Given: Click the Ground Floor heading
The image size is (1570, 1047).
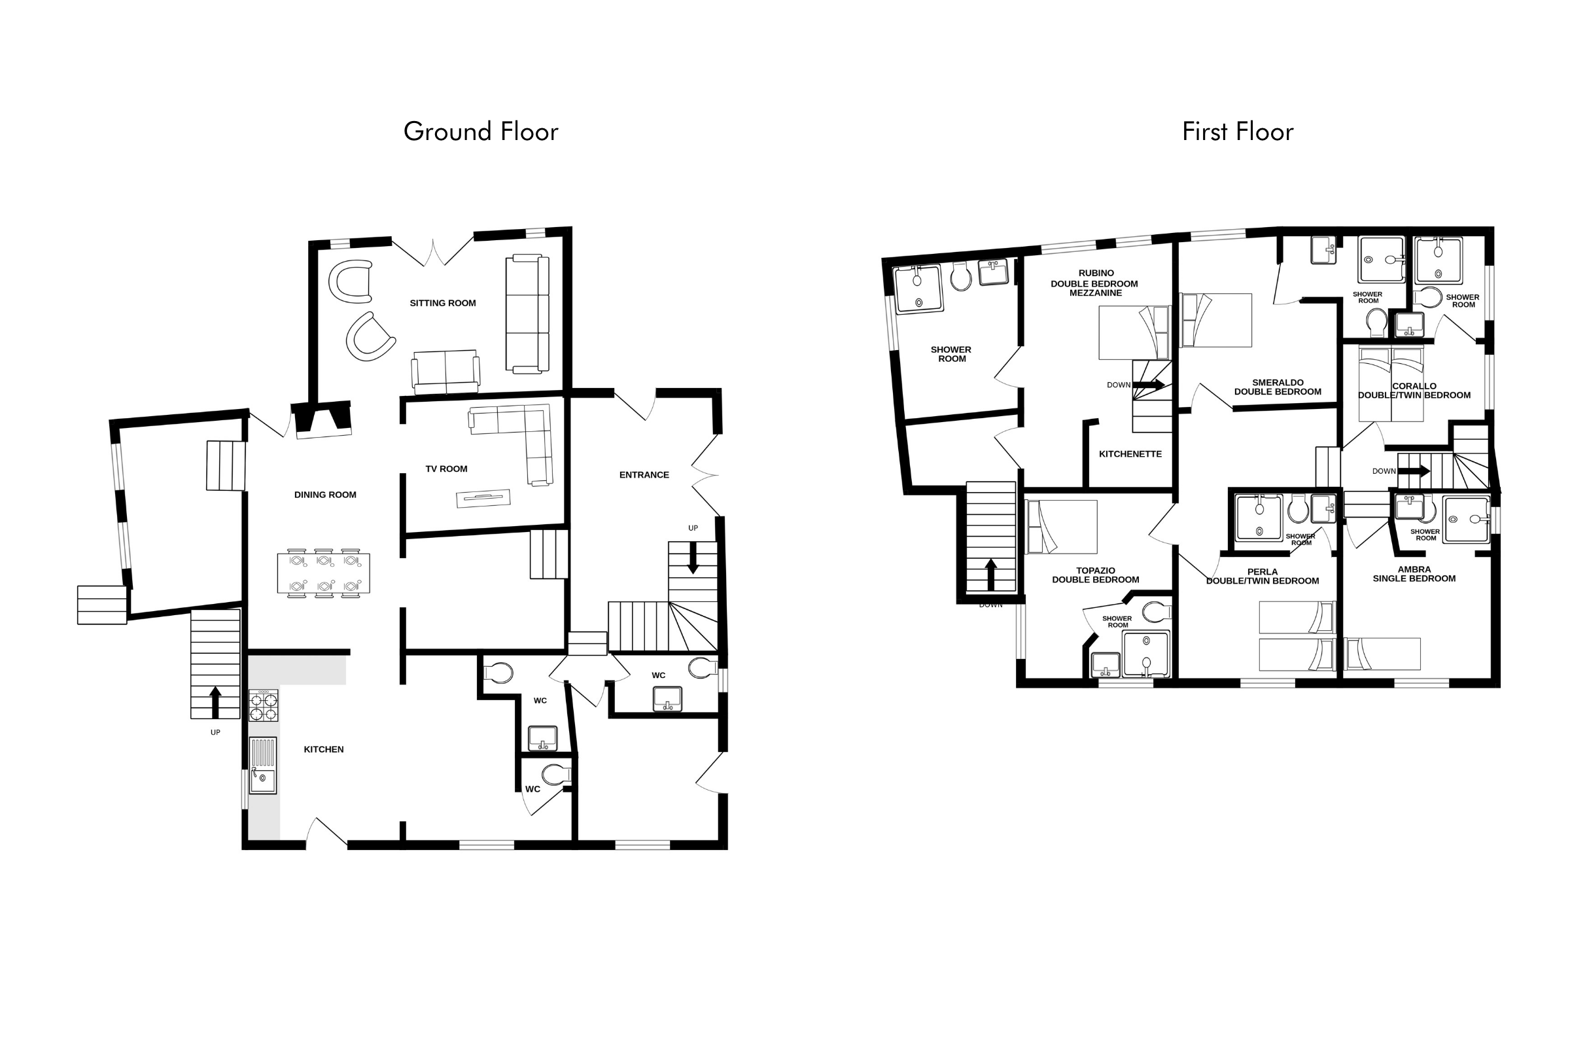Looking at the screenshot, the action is coord(481,132).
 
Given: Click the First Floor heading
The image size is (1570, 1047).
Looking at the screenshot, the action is coord(1238,132).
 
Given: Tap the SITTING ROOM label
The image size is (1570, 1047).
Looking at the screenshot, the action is coord(443,303).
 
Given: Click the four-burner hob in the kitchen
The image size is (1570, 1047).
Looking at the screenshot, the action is coord(263,706).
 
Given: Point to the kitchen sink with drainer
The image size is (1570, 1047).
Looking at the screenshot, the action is coord(262,765).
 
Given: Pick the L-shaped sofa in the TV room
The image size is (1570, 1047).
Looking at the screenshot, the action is coord(517,440).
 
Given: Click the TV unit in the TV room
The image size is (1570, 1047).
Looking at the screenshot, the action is coord(483,498).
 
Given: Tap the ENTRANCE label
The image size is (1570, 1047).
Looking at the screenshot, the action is coord(644,475).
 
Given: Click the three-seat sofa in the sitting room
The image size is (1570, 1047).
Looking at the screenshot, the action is coord(527,314).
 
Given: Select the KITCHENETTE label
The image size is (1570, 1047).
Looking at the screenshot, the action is coord(1130,454).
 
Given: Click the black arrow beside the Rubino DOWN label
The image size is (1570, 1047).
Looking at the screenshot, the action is coord(1149,385).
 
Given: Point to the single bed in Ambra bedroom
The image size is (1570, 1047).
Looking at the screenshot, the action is coord(1382,654).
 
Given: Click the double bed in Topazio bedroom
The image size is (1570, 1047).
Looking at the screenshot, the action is coord(1061,527).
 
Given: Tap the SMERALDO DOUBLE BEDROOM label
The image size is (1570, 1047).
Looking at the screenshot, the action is coord(1278,387).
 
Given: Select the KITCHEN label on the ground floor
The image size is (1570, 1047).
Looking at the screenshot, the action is coord(324,749).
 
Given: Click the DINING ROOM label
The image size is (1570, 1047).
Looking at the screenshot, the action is coord(325,495).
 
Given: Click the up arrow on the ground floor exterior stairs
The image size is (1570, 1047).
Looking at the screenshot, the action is coord(215,702).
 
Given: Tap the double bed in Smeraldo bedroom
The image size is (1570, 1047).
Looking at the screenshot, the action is coord(1215,320).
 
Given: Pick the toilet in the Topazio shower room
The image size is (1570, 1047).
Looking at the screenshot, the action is coord(1156,612).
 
